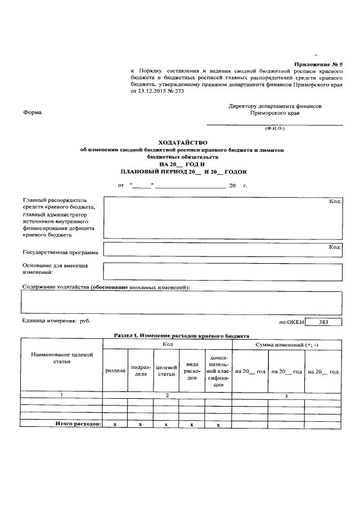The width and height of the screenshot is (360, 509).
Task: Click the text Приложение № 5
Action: [x=318, y=65]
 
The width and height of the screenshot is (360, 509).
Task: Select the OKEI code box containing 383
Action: [x=323, y=322]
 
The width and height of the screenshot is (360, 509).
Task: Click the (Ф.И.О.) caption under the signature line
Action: [x=274, y=129]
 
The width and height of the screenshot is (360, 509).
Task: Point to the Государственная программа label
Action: [x=60, y=252]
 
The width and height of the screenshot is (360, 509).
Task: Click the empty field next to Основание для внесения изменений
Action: [x=223, y=271]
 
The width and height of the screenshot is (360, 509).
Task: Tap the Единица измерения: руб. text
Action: [x=56, y=321]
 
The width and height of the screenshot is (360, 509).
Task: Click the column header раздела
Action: [x=115, y=371]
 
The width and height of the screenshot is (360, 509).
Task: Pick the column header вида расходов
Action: [x=192, y=371]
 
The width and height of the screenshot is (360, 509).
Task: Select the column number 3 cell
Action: [x=287, y=396]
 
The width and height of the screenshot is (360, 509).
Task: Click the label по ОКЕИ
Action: [x=291, y=322]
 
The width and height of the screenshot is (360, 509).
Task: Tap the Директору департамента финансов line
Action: [x=275, y=106]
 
